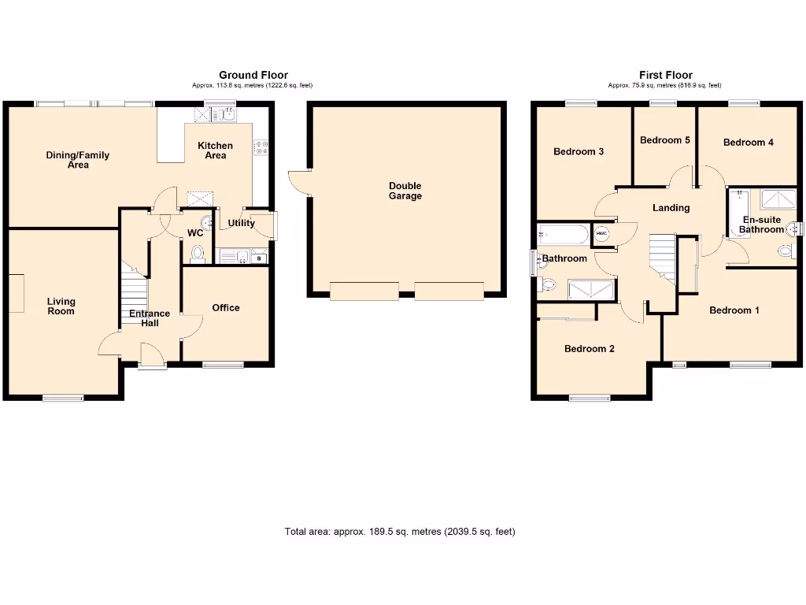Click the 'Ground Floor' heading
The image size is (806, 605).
pos(253,76)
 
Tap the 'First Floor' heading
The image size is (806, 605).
pos(665,76)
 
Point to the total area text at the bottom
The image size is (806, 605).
pos(399,532)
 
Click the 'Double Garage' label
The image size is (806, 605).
pos(405,191)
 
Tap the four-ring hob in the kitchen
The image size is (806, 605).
pos(260,147)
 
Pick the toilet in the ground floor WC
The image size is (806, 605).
pos(197,254)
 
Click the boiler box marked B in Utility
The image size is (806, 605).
pos(259,257)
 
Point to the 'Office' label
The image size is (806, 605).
pos(226,308)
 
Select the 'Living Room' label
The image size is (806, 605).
pos(61,306)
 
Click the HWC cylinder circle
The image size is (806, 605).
pos(602,234)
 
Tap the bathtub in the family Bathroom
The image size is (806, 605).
pos(563,235)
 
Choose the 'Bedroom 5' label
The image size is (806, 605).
pos(665,140)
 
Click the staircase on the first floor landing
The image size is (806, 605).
pos(663,258)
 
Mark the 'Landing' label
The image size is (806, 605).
pos(671,208)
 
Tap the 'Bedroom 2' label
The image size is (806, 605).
pos(590,349)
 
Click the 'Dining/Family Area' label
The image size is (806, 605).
pos(77,160)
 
